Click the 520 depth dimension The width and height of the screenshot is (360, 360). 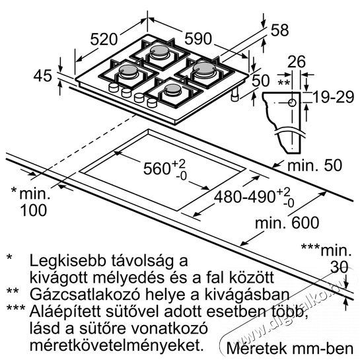click(104, 39)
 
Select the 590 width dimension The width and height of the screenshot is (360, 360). click(198, 38)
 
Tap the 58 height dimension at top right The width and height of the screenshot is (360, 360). click(279, 30)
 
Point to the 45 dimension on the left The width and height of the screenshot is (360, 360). click(43, 76)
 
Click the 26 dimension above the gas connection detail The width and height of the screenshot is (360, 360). click(297, 61)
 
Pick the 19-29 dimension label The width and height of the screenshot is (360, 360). click(333, 97)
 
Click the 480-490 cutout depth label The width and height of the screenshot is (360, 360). click(244, 197)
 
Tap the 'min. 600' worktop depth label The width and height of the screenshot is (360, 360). click(287, 223)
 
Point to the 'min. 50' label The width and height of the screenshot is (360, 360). click(314, 165)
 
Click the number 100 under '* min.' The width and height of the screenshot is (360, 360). click(34, 210)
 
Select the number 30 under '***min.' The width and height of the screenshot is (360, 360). click(340, 268)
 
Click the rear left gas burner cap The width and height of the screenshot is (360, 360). click(159, 50)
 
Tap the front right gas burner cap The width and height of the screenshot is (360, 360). click(173, 89)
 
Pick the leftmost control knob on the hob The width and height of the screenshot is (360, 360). click(114, 88)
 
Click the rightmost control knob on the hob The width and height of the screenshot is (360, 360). click(152, 102)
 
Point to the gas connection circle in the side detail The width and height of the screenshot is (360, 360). click(292, 103)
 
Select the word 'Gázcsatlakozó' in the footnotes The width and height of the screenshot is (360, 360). click(85, 295)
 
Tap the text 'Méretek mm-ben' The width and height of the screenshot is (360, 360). click(290, 349)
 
